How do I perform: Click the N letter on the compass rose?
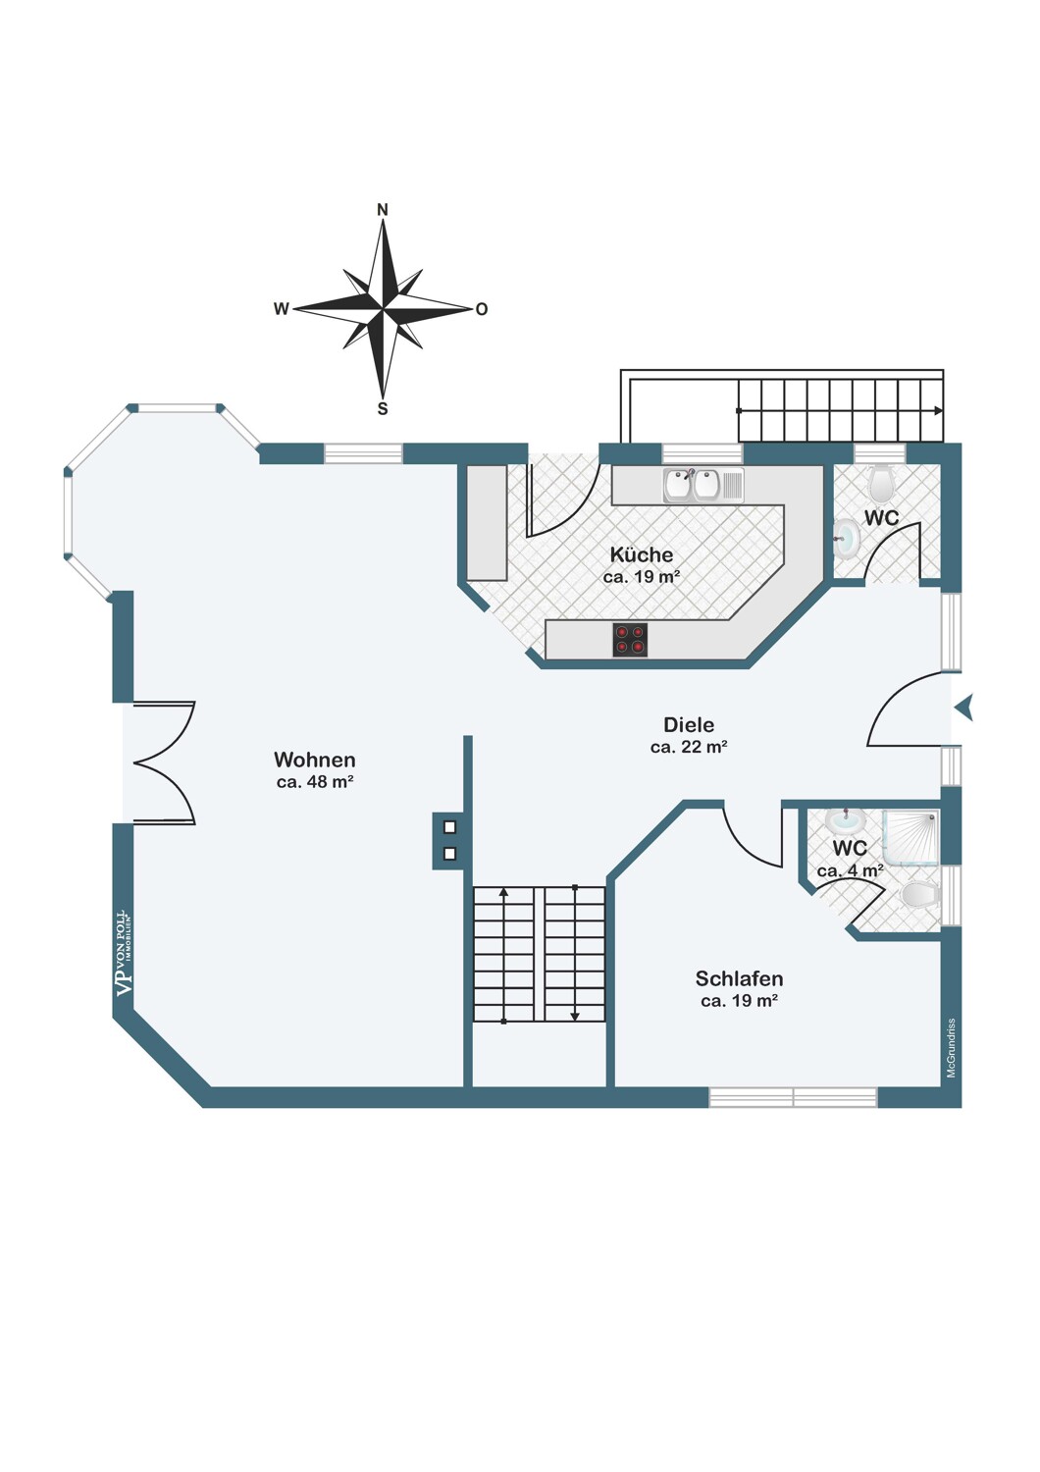[x=383, y=210]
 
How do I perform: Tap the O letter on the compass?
[x=482, y=309]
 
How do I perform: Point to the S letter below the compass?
[x=383, y=409]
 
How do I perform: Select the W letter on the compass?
[x=282, y=309]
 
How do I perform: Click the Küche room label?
[x=642, y=554]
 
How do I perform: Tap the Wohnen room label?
[x=315, y=760]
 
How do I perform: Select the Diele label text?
[x=689, y=725]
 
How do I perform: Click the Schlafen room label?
[x=739, y=979]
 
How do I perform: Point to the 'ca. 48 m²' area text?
[x=315, y=782]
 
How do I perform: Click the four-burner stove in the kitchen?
[x=630, y=640]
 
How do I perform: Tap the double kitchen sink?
[x=702, y=486]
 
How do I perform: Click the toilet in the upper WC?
[x=880, y=482]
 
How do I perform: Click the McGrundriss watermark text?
[x=952, y=1047]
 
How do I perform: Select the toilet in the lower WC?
[x=921, y=895]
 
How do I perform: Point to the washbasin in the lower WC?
[x=846, y=820]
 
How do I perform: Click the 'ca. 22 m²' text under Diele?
[x=689, y=747]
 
